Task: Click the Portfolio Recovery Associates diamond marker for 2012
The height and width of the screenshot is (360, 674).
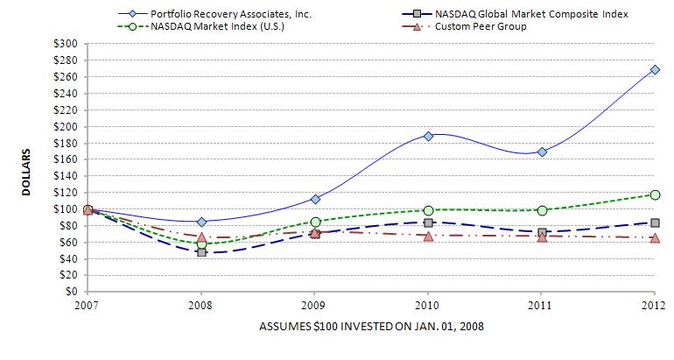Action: tap(655, 70)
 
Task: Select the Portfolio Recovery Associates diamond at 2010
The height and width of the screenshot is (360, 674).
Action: tap(428, 136)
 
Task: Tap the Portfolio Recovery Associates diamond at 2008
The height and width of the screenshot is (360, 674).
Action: tap(201, 222)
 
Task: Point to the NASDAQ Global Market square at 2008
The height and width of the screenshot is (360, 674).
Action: tap(201, 252)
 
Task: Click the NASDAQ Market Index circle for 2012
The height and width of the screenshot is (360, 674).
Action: tap(655, 194)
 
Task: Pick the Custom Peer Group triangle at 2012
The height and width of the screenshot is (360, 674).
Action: tap(655, 237)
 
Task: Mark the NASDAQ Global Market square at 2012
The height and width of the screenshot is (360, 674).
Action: tap(655, 222)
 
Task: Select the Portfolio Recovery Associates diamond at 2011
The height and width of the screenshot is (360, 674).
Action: tap(542, 152)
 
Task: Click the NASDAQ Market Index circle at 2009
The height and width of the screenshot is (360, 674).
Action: tap(315, 222)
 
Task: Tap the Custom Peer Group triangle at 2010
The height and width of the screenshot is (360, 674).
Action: tap(428, 236)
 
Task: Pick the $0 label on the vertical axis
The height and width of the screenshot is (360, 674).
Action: tap(73, 292)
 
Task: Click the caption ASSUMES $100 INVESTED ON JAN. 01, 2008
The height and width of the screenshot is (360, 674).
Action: tap(371, 326)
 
